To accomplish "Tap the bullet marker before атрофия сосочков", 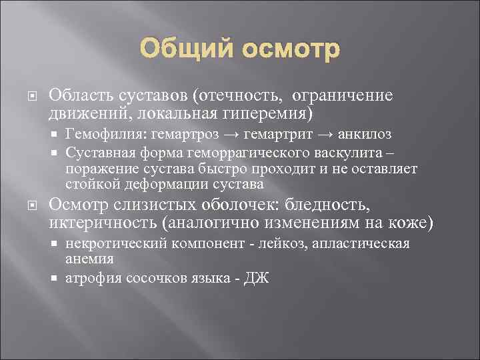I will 56,278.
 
